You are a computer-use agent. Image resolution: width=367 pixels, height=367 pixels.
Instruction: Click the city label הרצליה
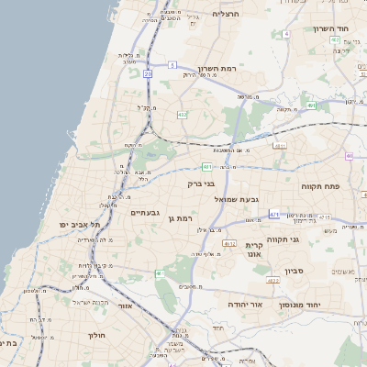[x=225, y=15]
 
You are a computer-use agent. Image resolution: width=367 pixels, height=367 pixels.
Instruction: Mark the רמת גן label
[x=180, y=218]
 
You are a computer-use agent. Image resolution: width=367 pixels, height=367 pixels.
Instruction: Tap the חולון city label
[x=97, y=335]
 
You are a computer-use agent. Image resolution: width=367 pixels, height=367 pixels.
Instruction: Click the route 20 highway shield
[x=147, y=73]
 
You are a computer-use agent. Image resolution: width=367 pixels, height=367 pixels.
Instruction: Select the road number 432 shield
[x=183, y=115]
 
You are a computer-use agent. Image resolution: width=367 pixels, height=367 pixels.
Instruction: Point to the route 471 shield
[x=273, y=215]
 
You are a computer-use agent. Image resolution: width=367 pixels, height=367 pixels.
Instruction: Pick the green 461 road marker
[x=160, y=272]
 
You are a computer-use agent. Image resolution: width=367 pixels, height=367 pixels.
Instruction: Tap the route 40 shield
[x=350, y=155]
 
